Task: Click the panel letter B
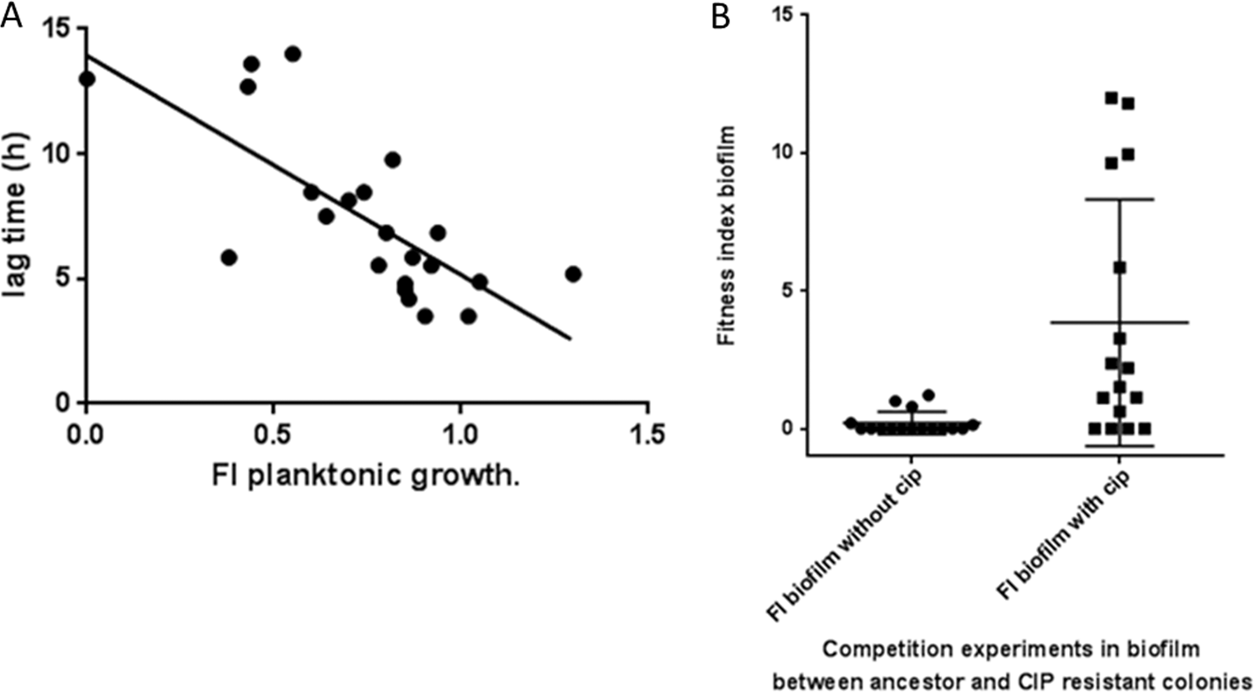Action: pyautogui.click(x=721, y=16)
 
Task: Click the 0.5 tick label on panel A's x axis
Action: pyautogui.click(x=272, y=434)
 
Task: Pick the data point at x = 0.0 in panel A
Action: pyautogui.click(x=87, y=79)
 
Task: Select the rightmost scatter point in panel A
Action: pyautogui.click(x=573, y=274)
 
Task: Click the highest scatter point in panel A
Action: pyautogui.click(x=293, y=54)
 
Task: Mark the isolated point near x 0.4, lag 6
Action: pyautogui.click(x=229, y=258)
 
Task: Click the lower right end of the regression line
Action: pyautogui.click(x=570, y=338)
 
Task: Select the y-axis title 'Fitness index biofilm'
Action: pyautogui.click(x=726, y=236)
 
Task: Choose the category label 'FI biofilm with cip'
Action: pyautogui.click(x=1064, y=536)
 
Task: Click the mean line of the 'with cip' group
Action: pyautogui.click(x=1119, y=322)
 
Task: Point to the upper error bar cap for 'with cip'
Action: pyautogui.click(x=1119, y=200)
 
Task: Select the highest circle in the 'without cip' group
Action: pyautogui.click(x=929, y=395)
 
